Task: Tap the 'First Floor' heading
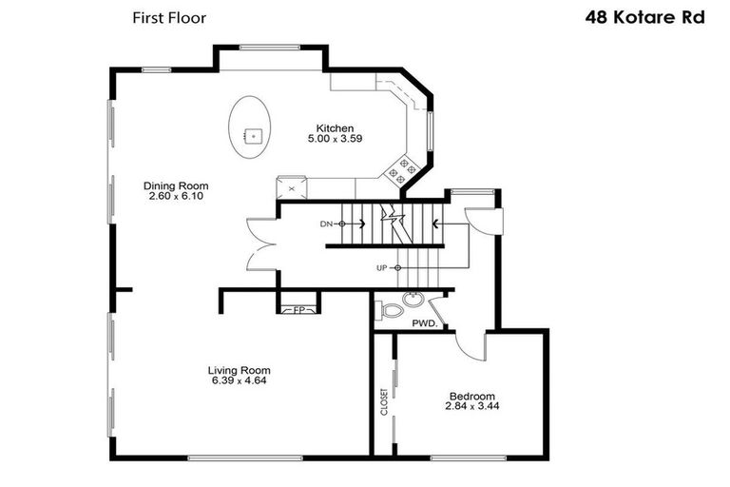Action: point(168,17)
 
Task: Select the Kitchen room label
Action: point(335,128)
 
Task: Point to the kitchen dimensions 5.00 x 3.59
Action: point(335,139)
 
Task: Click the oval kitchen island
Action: point(251,130)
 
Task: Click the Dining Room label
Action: point(176,185)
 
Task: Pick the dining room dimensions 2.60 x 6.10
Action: point(176,196)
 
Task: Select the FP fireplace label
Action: point(298,310)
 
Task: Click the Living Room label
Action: point(240,370)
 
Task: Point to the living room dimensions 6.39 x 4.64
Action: point(240,380)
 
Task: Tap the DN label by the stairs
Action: point(325,224)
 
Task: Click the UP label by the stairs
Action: point(381,268)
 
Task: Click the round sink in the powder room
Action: point(413,302)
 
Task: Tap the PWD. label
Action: point(424,323)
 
